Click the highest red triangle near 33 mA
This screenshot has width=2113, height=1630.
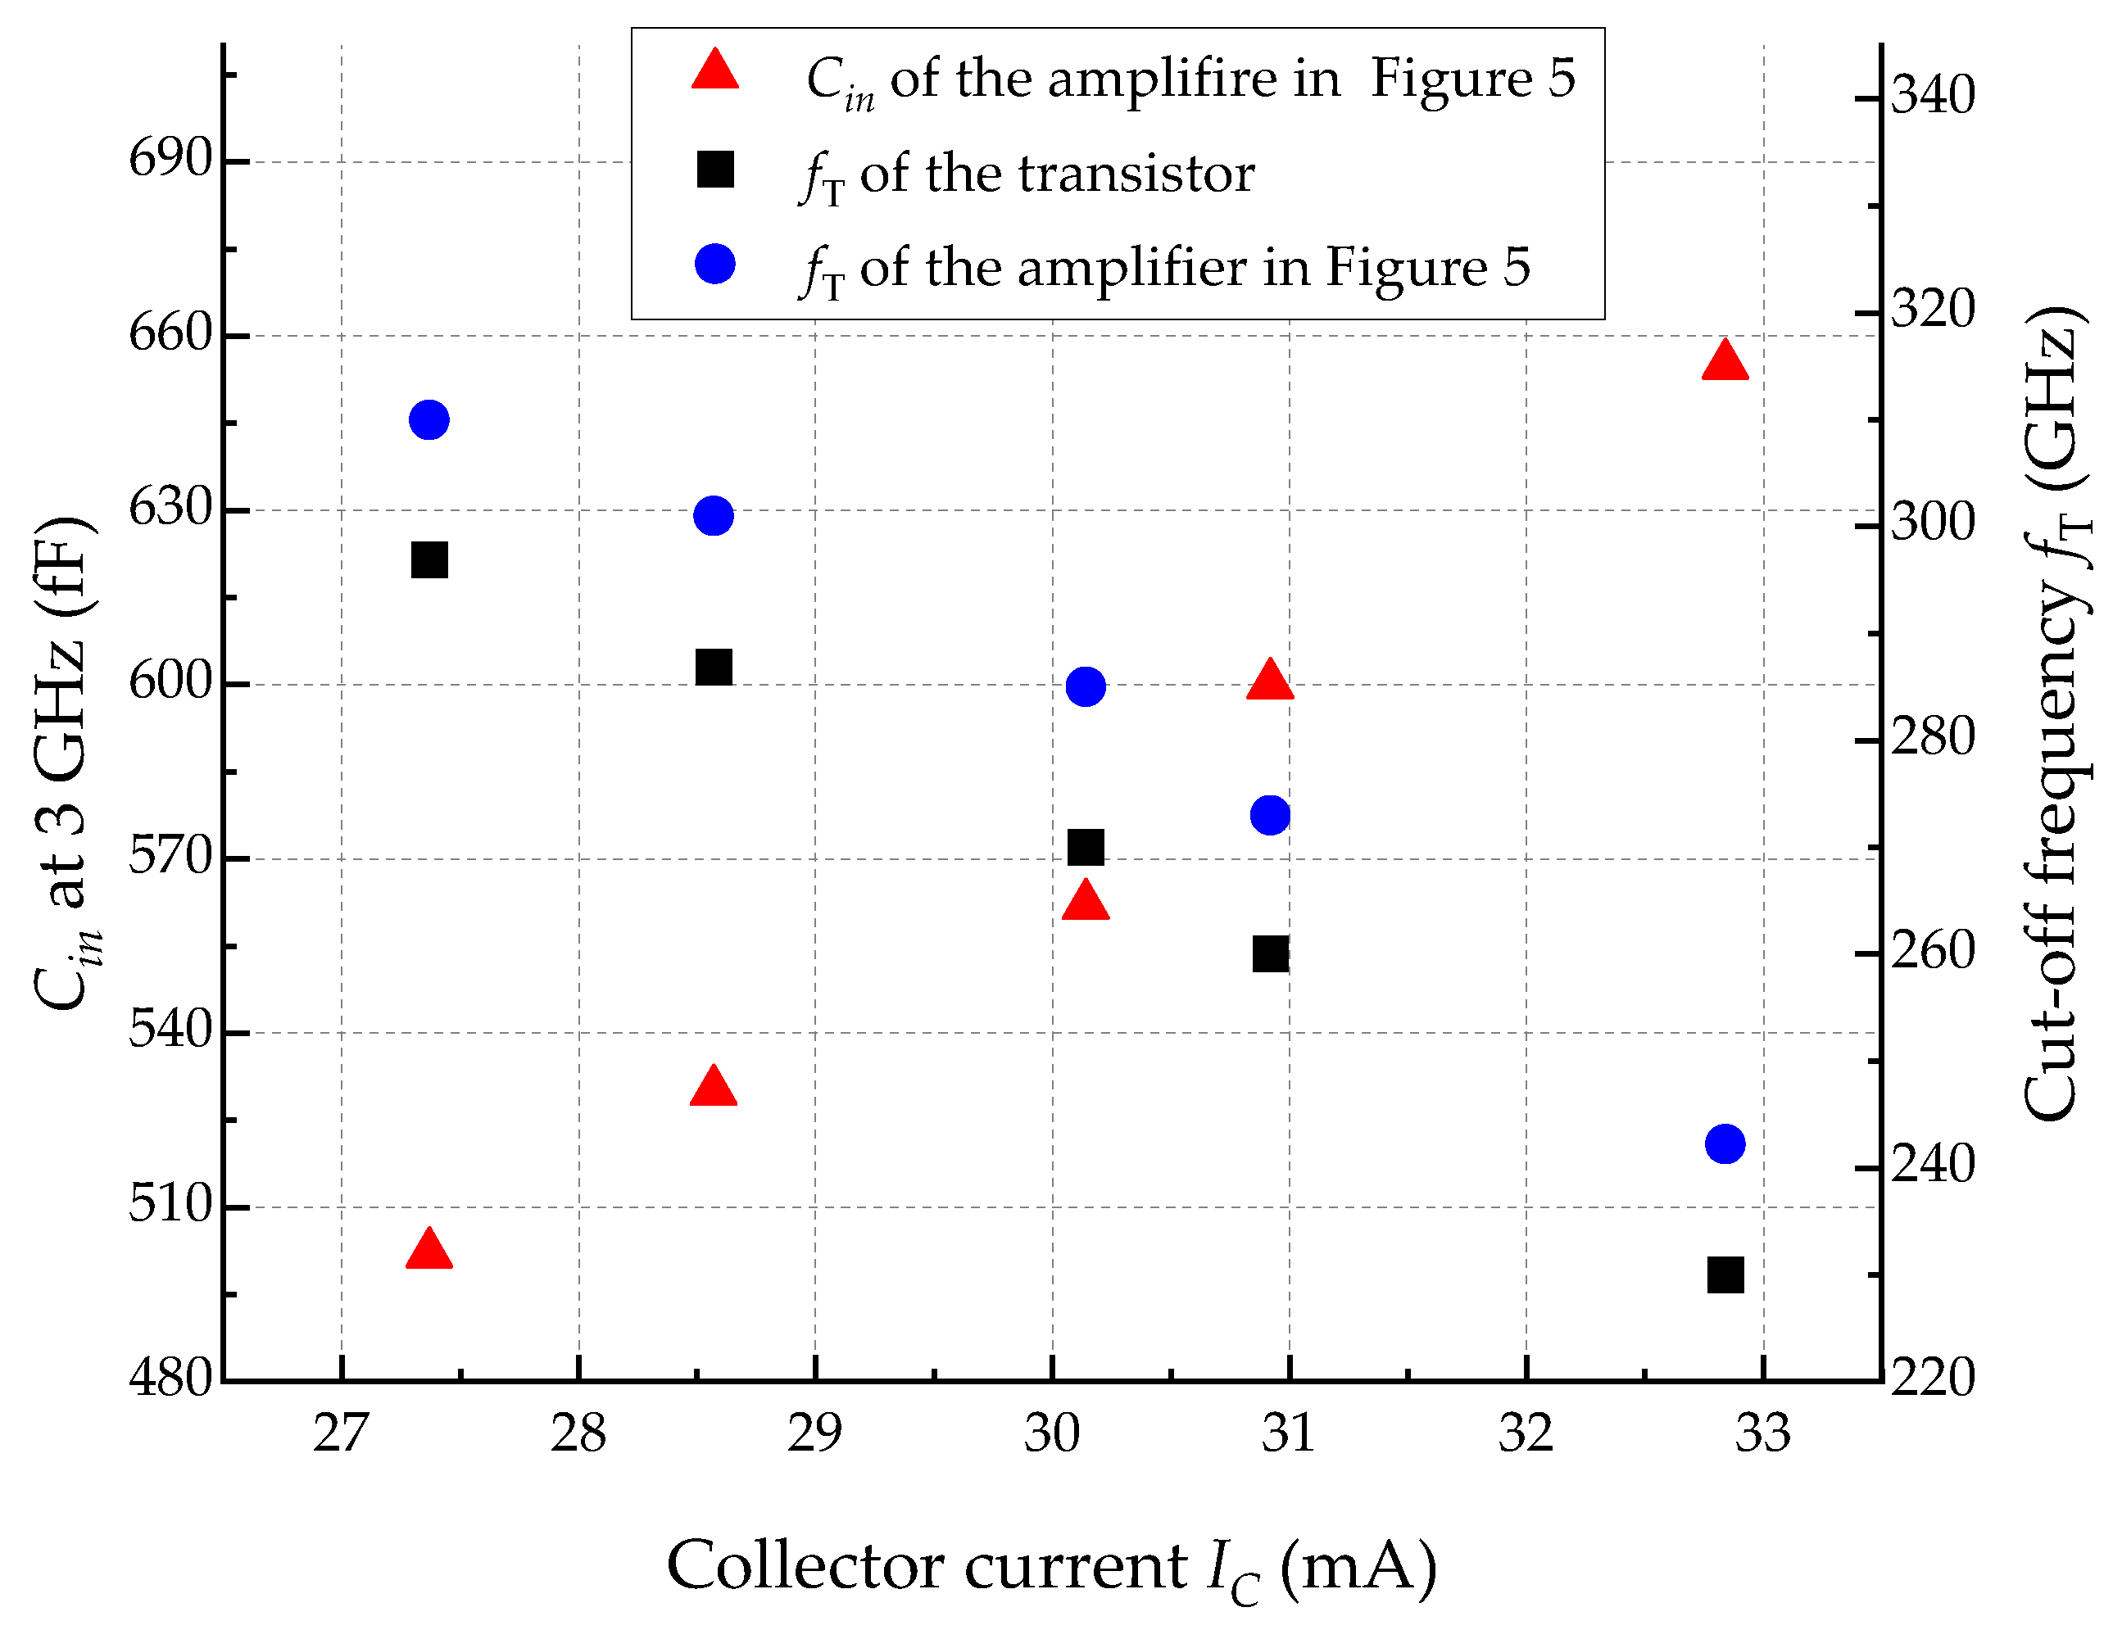(x=1724, y=362)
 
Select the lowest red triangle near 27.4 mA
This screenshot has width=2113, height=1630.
(x=428, y=1250)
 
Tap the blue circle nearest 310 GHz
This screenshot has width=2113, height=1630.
(x=428, y=420)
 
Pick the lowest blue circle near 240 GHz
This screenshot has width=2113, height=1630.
(x=1724, y=1143)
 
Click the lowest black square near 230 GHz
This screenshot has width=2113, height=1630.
(x=1724, y=1275)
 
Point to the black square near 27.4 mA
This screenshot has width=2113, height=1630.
(x=428, y=560)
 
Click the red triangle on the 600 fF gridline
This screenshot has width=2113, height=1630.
(x=1269, y=681)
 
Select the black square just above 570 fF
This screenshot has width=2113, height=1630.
(x=1085, y=848)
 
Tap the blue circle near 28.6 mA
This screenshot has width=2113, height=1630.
(x=713, y=515)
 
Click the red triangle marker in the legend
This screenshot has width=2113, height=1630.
(x=715, y=70)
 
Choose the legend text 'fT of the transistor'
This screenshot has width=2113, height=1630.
(x=1027, y=175)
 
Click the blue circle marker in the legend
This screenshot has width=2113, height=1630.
(x=715, y=264)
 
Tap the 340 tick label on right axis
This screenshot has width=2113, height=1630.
(x=1932, y=96)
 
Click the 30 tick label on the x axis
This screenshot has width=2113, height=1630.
(x=1052, y=1433)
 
